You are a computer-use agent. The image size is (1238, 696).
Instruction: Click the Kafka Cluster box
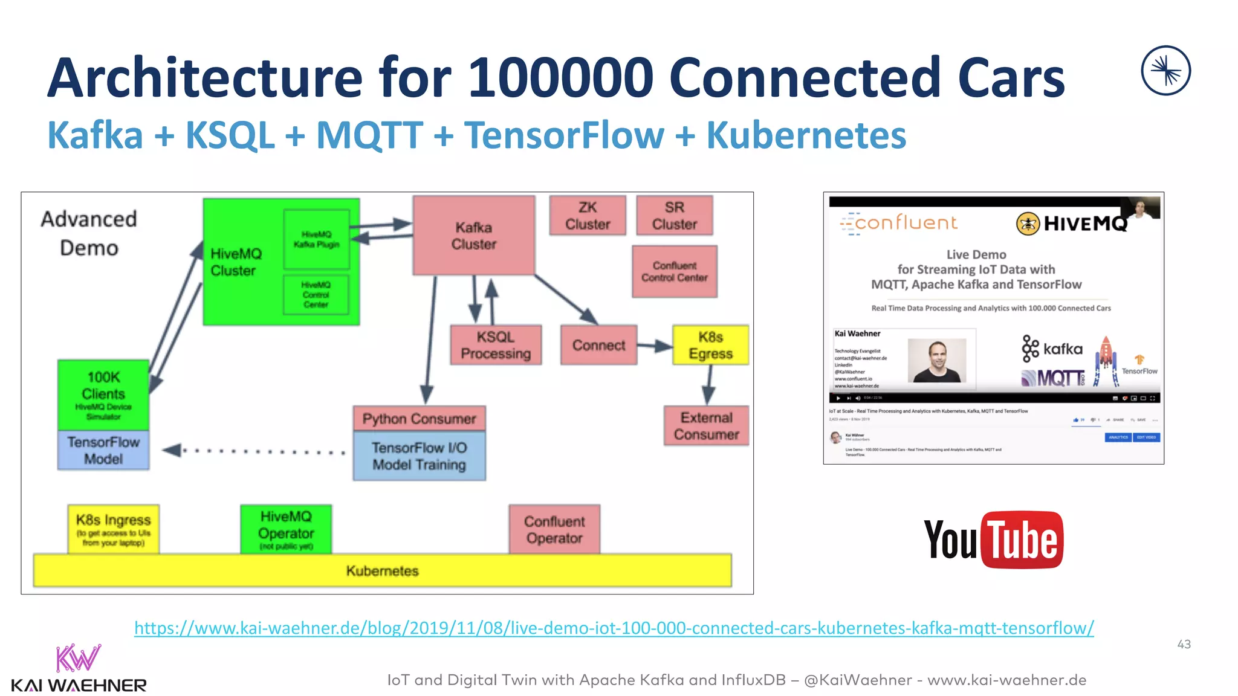(x=473, y=236)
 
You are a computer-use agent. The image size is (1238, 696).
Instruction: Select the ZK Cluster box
(x=588, y=216)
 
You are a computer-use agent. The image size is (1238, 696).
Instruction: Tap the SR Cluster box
(x=674, y=216)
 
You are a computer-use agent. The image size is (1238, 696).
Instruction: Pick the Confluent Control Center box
(x=674, y=272)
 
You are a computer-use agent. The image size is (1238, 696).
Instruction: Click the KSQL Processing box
(x=496, y=345)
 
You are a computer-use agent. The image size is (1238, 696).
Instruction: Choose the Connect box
(x=598, y=345)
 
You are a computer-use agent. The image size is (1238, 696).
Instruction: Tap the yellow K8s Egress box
(x=710, y=345)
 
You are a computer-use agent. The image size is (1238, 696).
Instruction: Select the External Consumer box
(x=706, y=426)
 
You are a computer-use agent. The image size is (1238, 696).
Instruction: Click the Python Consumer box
(x=419, y=418)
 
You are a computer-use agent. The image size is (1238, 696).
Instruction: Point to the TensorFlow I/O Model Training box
(x=419, y=456)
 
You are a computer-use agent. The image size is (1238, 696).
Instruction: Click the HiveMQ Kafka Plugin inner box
(x=316, y=239)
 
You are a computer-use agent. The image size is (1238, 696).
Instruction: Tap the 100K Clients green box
(x=103, y=394)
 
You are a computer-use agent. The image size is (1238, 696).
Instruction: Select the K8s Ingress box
(x=113, y=529)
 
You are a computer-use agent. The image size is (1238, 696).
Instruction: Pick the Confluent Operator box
(x=554, y=529)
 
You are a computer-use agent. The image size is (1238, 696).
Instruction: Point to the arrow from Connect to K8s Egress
(x=655, y=346)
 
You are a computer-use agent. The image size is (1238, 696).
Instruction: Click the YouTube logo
(x=993, y=540)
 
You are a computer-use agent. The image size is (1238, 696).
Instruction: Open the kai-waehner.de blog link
(x=614, y=628)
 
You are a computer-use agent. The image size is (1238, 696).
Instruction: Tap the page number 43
(x=1184, y=644)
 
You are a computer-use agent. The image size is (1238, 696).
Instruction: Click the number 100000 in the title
(x=560, y=77)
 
